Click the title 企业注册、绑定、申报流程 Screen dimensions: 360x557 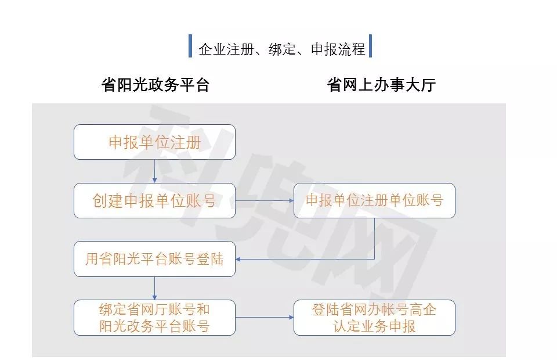point(281,49)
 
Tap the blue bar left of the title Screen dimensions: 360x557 point(190,46)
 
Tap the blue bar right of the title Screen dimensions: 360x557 point(370,46)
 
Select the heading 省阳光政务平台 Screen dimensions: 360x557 point(155,85)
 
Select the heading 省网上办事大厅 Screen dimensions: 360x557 point(381,85)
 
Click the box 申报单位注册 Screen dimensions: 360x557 point(154,142)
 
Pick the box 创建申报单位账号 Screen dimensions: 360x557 point(154,201)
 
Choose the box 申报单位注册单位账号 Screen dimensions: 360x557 point(374,201)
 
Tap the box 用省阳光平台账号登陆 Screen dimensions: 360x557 point(154,259)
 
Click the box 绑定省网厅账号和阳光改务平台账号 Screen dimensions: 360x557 point(154,318)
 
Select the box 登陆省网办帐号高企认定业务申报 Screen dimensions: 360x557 point(374,318)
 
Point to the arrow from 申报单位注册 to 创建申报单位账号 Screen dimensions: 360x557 point(154,171)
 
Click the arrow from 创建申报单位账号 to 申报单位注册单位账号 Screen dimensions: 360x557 point(264,201)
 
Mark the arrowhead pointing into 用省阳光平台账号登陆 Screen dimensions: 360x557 point(240,259)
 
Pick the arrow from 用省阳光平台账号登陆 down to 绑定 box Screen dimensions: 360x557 point(154,288)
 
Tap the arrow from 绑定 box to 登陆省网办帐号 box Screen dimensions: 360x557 point(264,318)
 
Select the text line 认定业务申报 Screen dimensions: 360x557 point(374,326)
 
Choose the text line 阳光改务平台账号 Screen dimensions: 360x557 point(154,326)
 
